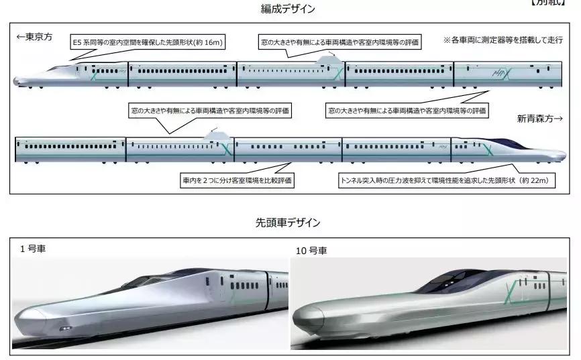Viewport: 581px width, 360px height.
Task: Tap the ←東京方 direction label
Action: tap(34, 38)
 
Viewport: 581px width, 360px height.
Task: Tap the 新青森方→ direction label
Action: tap(543, 119)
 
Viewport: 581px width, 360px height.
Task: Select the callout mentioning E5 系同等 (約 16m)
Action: tap(148, 42)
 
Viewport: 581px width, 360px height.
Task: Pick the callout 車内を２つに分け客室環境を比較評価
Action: tap(238, 180)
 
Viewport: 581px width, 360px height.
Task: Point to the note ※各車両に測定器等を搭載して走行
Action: tap(501, 40)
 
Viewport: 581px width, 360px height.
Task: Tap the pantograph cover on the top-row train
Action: tap(327, 61)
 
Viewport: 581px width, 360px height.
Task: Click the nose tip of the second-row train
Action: tap(562, 154)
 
